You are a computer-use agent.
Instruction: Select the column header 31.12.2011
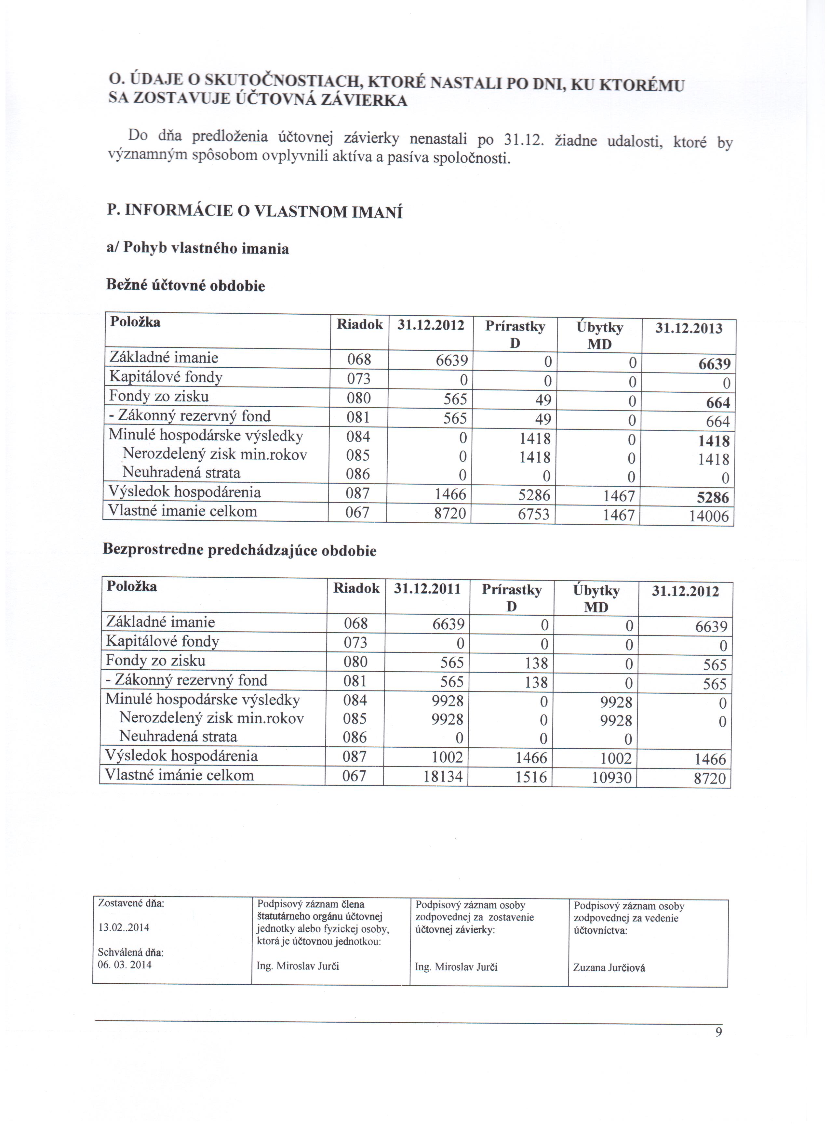[x=427, y=589]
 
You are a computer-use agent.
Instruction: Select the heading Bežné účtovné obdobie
[x=185, y=286]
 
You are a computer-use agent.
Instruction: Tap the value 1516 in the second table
[x=531, y=777]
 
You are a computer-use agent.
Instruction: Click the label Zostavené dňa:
[x=131, y=903]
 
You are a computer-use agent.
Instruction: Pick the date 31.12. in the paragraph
[x=524, y=139]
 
